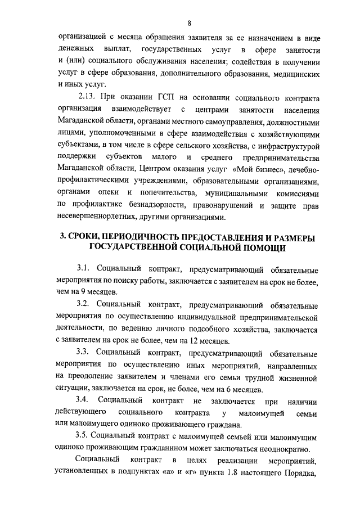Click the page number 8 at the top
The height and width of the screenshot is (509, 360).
click(x=190, y=23)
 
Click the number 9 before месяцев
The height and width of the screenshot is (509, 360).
click(x=90, y=292)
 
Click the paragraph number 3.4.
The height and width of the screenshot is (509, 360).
click(x=84, y=401)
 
